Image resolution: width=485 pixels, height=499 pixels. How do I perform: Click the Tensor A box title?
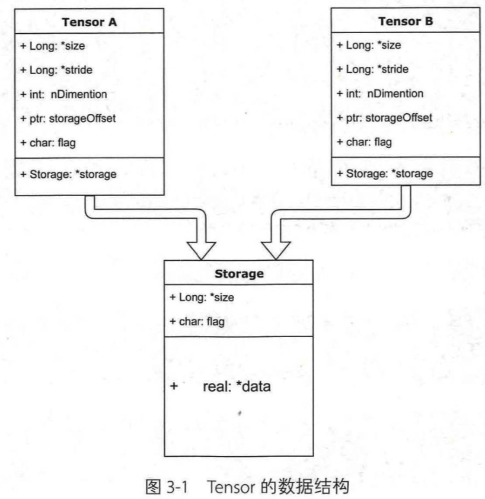89,23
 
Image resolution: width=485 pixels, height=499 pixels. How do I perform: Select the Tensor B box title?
406,22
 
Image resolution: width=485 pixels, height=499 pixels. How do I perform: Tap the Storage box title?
238,274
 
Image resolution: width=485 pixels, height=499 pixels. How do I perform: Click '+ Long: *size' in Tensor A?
52,46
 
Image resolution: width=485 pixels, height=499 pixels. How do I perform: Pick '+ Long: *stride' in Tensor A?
56,70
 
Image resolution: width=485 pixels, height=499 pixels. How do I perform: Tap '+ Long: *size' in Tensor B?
368,45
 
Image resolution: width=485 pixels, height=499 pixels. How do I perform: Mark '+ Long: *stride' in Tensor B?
372,69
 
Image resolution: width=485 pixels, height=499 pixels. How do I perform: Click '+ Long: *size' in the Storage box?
202,298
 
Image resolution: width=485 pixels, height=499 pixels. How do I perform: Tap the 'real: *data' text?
240,387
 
